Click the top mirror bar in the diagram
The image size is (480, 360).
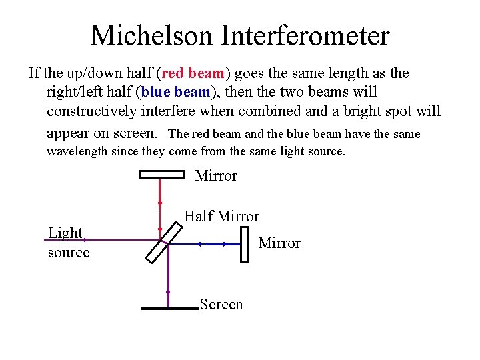(x=161, y=175)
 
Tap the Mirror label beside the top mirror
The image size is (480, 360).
(x=216, y=176)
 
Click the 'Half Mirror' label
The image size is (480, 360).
(x=221, y=216)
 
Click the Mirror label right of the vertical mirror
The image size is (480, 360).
(x=279, y=243)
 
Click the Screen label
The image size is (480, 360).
(x=221, y=305)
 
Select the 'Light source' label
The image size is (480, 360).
(x=68, y=243)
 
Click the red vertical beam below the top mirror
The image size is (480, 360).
(x=161, y=207)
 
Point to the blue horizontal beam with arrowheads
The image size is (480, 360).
(x=213, y=244)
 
